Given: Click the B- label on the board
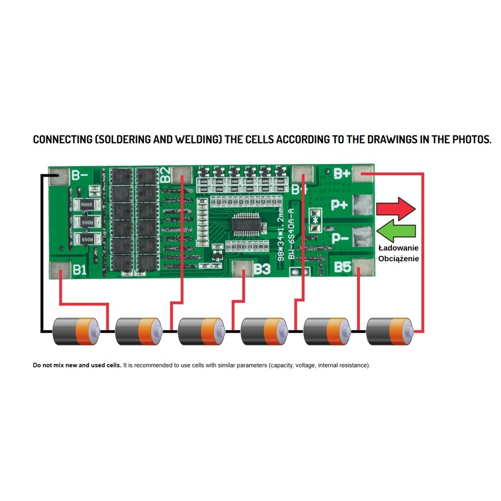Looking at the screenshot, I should [x=80, y=175].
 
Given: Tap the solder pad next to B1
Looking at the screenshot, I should [x=60, y=269].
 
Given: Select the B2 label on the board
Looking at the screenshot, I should [x=165, y=174].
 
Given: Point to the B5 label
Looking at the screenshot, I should [x=343, y=267].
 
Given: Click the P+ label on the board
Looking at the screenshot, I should [x=340, y=205].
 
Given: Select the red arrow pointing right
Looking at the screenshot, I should [x=396, y=209].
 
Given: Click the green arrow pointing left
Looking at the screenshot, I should [x=397, y=230].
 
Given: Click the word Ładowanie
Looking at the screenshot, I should [x=398, y=248].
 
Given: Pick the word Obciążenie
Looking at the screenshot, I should [x=398, y=258].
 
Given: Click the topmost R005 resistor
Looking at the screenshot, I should [x=87, y=205].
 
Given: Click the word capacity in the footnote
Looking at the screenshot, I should [x=282, y=365].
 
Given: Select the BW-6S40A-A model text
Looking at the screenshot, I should [x=291, y=233].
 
